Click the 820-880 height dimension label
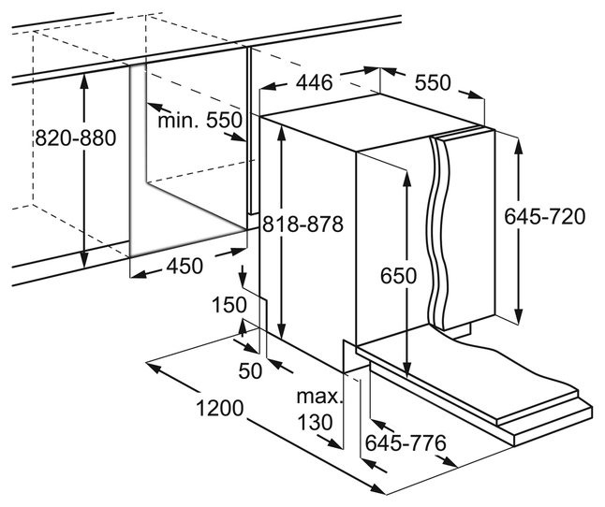[75, 138]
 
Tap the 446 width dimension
[315, 82]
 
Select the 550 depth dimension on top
[433, 82]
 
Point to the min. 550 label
[199, 120]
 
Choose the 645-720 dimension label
[544, 217]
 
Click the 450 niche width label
[184, 266]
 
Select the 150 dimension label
[229, 305]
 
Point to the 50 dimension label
[249, 371]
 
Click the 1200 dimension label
[220, 410]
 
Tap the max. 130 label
[317, 410]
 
